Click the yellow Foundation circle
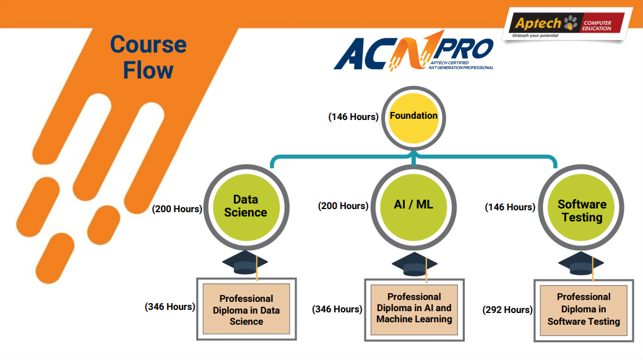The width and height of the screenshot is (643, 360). pos(413,118)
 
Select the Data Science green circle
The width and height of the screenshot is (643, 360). pos(246,207)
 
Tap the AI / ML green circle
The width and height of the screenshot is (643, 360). pos(413,207)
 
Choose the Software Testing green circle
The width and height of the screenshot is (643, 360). pos(581,207)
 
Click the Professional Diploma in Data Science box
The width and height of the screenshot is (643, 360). pos(246,309)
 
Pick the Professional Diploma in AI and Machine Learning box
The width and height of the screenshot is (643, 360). pos(414,309)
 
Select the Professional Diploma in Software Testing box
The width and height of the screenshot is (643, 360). pos(584,311)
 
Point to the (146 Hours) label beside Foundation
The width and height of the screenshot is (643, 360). pos(353,117)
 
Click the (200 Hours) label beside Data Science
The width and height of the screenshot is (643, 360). pos(177,208)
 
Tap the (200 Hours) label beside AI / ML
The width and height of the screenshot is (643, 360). pos(343,206)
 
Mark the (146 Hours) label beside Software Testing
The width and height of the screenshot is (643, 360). pos(510,207)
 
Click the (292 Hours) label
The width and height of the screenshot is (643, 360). pos(507,309)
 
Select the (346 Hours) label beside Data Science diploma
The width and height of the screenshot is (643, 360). pos(170,307)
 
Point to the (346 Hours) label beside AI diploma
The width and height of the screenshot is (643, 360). pos(337,309)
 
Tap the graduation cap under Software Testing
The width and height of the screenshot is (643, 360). pos(581,264)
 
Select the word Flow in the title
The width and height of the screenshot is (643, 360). pos(148,71)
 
